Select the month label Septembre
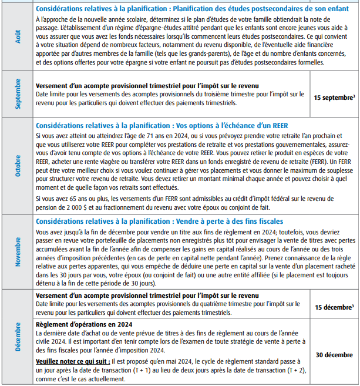(x=16, y=96)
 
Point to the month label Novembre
(x=16, y=252)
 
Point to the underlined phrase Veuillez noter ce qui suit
(x=73, y=361)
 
